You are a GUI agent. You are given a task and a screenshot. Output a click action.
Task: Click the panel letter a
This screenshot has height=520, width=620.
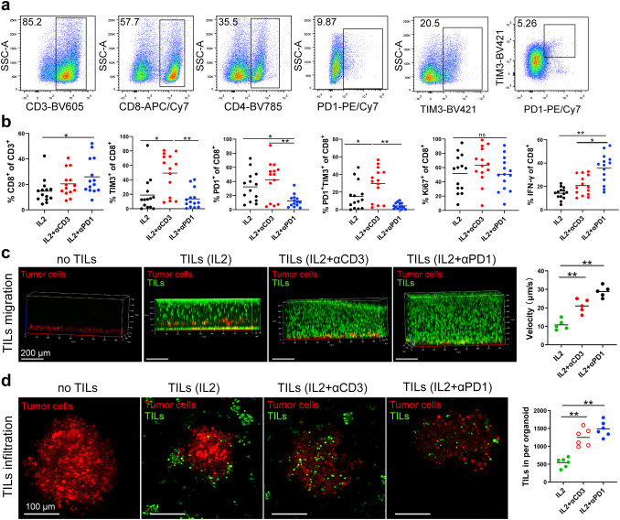point(5,7)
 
